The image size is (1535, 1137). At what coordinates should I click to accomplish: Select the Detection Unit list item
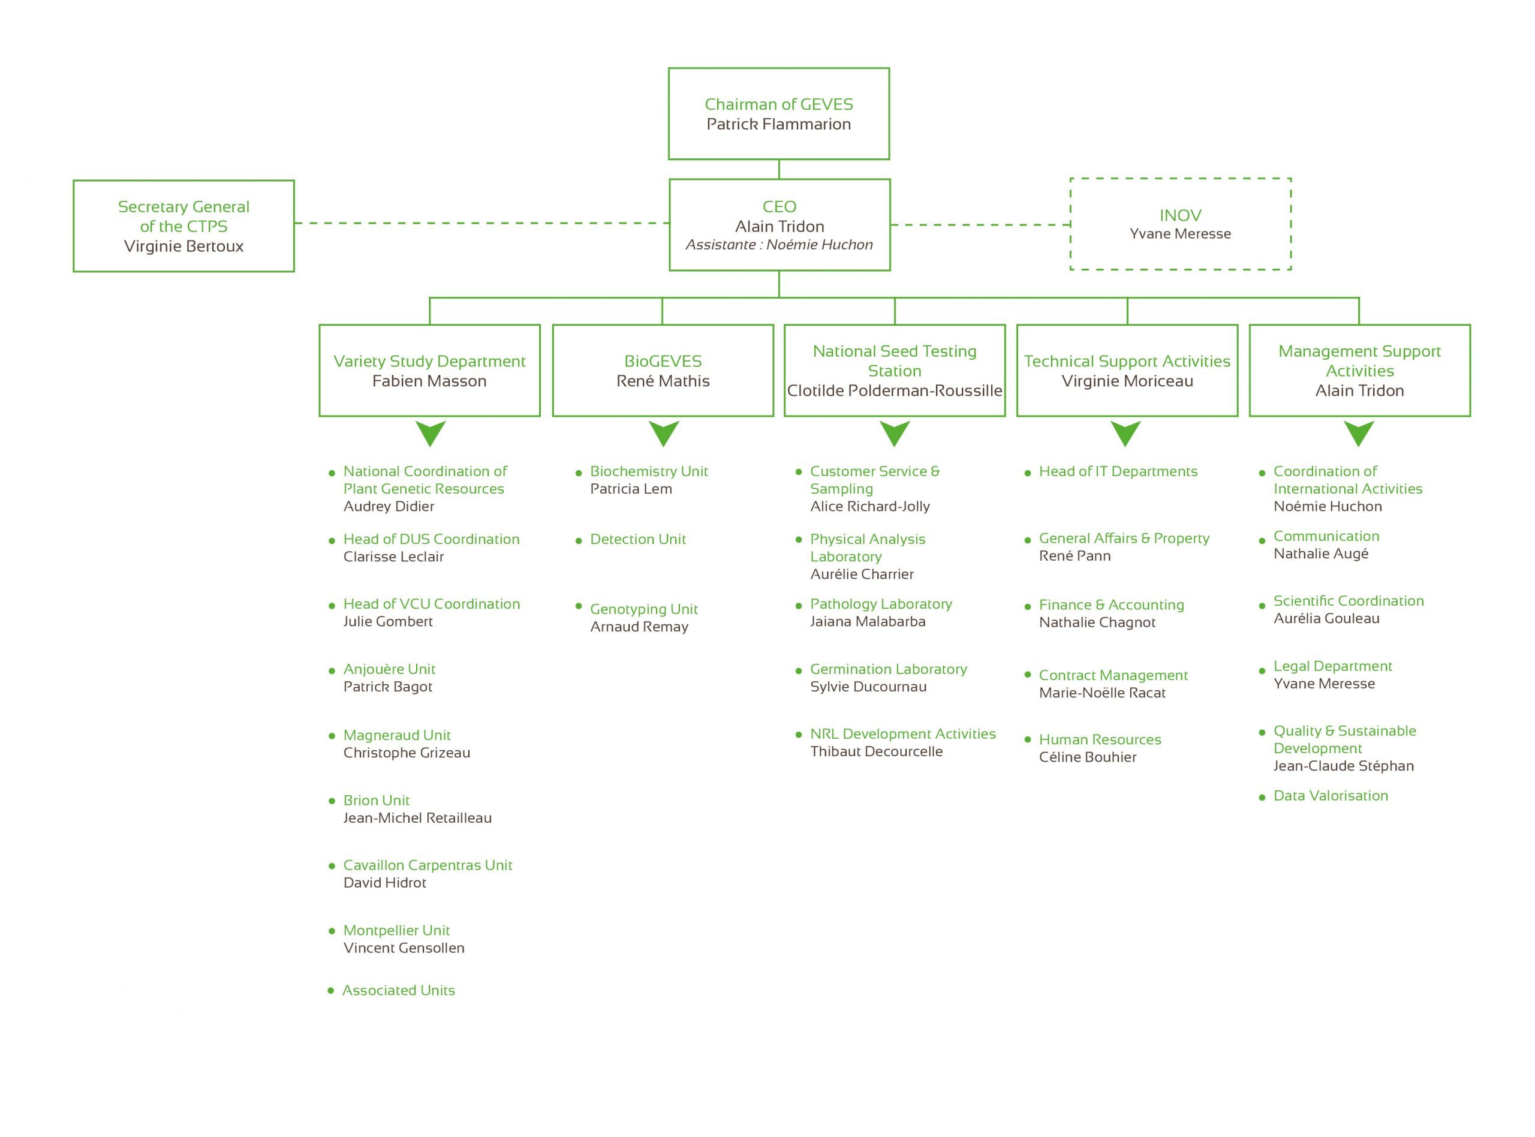coord(638,539)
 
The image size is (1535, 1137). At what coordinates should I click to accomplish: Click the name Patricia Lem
coord(631,489)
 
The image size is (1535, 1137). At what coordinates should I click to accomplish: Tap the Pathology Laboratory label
coord(881,604)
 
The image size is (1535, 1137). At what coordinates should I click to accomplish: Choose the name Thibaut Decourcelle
coord(876,751)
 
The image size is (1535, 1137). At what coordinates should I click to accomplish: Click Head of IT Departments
coord(1118,471)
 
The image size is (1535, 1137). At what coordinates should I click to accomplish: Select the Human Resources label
coord(1100,739)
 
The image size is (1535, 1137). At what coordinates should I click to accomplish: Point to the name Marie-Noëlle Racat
coord(1102,693)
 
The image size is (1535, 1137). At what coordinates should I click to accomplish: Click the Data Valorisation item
coord(1331,796)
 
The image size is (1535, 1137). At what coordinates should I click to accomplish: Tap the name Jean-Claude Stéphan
coord(1343,765)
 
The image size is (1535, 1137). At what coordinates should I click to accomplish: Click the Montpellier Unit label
coord(396,930)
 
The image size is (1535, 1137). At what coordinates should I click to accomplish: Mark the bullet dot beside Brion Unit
coord(332,801)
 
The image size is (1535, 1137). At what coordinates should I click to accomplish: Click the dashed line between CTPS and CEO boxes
coord(481,223)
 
